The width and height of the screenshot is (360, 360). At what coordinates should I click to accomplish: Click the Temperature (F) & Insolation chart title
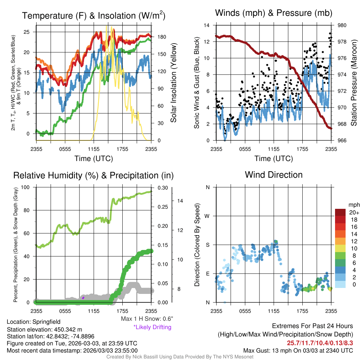(94, 15)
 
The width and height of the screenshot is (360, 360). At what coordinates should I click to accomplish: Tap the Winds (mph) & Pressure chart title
(274, 13)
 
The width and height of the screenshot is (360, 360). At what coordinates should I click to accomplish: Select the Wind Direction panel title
(274, 175)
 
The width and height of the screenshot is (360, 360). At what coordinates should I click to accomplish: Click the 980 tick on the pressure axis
(342, 25)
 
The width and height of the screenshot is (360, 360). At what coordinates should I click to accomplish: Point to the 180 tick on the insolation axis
(162, 37)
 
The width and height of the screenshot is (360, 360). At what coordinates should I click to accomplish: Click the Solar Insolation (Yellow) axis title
(174, 83)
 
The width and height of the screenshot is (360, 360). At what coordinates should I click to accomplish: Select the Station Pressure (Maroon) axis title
(354, 83)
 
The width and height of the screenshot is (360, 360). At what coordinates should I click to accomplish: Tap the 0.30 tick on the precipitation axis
(162, 188)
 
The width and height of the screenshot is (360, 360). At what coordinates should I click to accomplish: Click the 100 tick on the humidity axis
(25, 187)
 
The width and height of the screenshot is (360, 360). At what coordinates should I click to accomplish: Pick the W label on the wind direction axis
(207, 216)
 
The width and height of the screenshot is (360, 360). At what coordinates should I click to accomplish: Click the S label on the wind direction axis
(207, 245)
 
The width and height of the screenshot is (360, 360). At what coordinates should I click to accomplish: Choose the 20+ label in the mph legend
(354, 213)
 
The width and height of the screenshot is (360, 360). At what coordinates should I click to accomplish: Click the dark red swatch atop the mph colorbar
(340, 212)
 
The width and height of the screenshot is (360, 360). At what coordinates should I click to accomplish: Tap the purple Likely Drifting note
(153, 327)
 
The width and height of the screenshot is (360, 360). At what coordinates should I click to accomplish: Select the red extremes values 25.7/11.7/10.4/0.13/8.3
(320, 343)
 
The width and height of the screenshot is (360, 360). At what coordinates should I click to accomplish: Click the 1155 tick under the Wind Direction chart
(274, 311)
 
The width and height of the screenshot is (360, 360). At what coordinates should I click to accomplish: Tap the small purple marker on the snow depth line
(83, 298)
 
